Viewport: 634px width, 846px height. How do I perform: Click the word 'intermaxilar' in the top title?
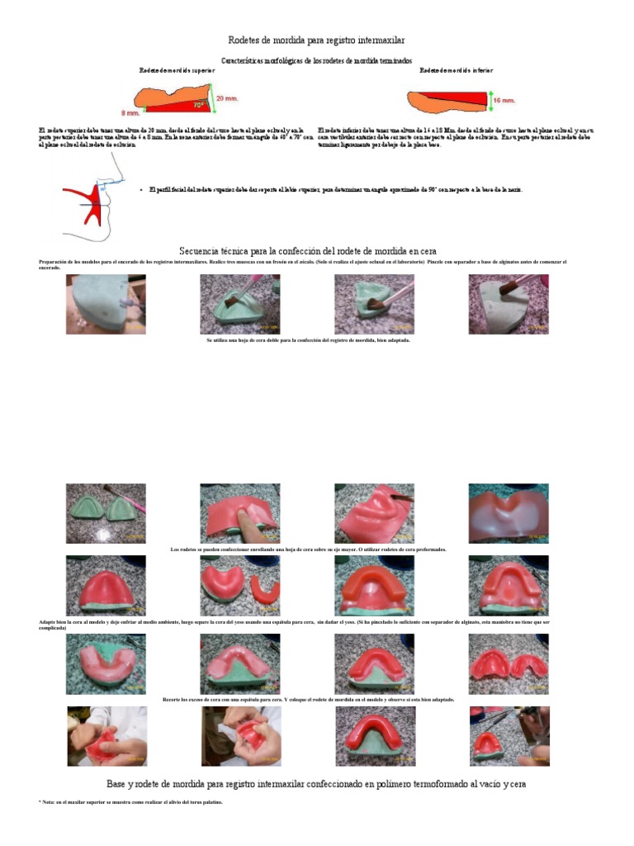(x=376, y=40)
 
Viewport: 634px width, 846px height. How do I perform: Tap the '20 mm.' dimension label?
(x=227, y=97)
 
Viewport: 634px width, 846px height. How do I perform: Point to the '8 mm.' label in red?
(x=130, y=112)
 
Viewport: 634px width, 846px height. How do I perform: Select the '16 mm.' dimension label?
(x=504, y=100)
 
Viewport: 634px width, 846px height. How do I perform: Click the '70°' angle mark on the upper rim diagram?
(x=199, y=105)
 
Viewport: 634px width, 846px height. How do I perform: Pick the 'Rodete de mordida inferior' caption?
(x=456, y=71)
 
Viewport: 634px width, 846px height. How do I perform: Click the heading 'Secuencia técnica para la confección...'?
(x=308, y=250)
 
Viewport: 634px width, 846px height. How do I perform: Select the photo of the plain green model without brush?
(x=106, y=304)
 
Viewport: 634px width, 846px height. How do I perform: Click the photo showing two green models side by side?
(x=106, y=514)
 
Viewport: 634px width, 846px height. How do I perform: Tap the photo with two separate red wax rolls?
(x=240, y=585)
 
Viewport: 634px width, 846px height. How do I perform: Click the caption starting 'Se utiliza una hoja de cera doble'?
(x=308, y=340)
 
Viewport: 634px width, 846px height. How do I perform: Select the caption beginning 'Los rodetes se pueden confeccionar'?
(x=308, y=549)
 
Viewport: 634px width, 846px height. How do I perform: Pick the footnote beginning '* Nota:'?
(x=130, y=802)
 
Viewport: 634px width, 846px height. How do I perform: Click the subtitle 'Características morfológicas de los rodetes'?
(x=316, y=61)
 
